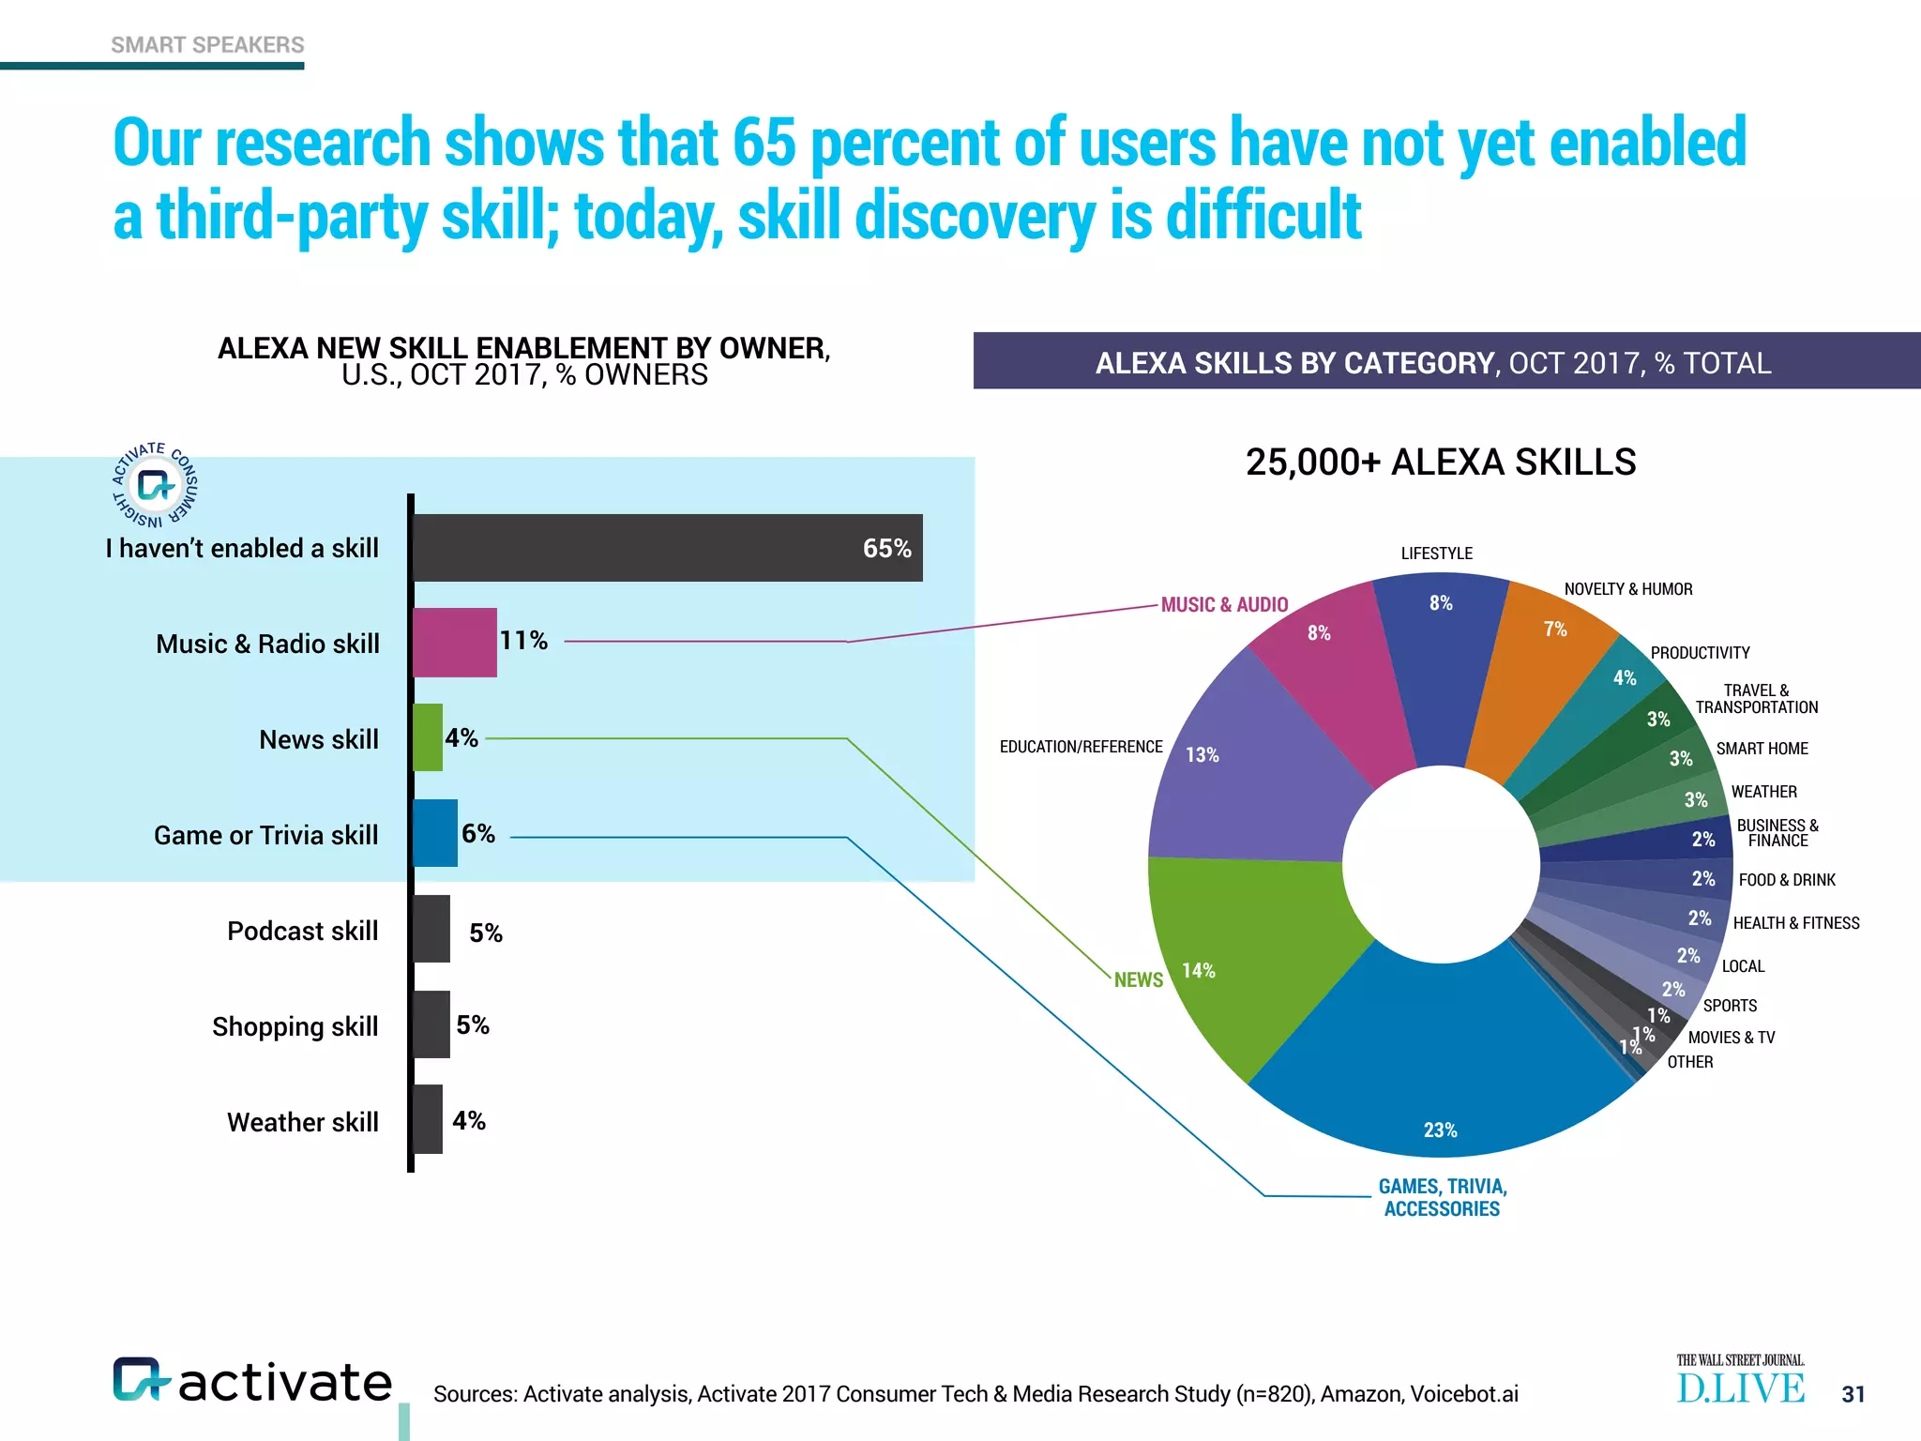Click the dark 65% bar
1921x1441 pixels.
coord(666,548)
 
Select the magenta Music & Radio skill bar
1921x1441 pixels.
coord(454,643)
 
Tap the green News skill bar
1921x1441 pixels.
coord(428,737)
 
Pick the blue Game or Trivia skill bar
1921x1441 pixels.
coord(435,833)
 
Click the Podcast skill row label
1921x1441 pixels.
coord(302,931)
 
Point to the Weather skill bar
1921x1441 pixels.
coord(428,1119)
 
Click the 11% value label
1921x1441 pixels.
coord(523,641)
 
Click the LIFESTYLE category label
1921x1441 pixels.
coord(1436,554)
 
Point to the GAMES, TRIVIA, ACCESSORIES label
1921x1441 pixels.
coord(1442,1198)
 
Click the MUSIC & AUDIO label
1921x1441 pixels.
coord(1224,605)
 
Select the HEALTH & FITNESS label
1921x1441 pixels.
coord(1795,923)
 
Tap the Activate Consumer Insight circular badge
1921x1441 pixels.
coord(155,485)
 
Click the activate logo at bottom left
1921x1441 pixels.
coord(251,1381)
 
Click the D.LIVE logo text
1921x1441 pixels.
coord(1740,1388)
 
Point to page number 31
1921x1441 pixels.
coord(1853,1394)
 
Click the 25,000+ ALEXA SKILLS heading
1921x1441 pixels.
coord(1441,463)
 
